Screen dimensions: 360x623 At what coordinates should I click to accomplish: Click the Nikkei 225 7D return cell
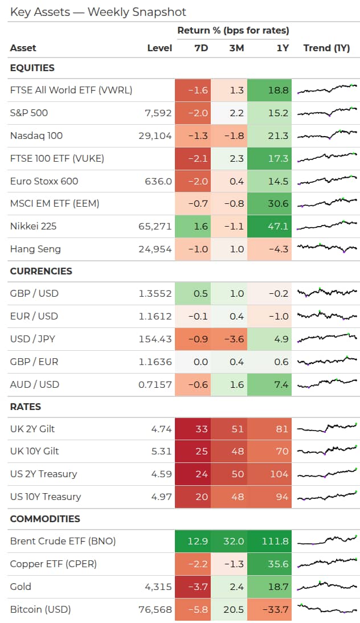(x=193, y=227)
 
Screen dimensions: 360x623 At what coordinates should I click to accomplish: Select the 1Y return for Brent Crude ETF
(x=269, y=541)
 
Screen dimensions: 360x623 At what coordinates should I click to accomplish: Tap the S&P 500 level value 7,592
(x=158, y=113)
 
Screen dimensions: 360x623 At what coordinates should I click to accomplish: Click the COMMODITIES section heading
(x=45, y=519)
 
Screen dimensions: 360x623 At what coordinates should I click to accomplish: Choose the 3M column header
(x=236, y=48)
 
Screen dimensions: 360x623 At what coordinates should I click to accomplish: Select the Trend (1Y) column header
(x=326, y=48)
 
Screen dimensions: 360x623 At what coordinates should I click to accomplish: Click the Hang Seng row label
(x=35, y=249)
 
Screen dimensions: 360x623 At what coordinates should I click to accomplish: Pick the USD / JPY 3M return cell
(x=229, y=339)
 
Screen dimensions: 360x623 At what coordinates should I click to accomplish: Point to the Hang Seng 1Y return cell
(x=269, y=249)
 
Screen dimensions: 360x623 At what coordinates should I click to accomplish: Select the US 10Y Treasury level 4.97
(x=161, y=497)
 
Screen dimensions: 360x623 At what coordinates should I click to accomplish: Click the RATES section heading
(x=26, y=407)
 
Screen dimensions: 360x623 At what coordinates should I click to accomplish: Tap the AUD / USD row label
(x=35, y=384)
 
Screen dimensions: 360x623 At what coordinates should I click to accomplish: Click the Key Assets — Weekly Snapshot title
(x=98, y=13)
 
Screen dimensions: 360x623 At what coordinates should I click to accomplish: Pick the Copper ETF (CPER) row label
(x=53, y=564)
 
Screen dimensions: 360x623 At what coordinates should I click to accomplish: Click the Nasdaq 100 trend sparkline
(x=327, y=135)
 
